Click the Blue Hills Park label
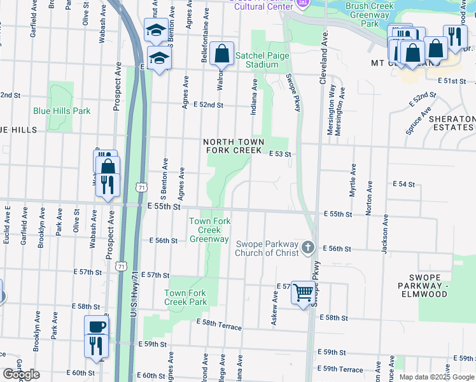tap(62, 110)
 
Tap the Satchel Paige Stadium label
tap(262, 60)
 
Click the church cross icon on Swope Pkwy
tap(308, 246)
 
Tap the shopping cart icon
tap(304, 293)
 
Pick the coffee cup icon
tap(97, 326)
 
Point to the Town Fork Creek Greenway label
tap(209, 230)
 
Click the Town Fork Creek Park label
tap(186, 297)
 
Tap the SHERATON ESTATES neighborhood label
tap(451, 124)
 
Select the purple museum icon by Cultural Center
tap(303, 4)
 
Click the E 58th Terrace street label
tap(219, 326)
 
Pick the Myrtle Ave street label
tap(352, 180)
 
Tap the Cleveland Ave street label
tap(324, 50)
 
